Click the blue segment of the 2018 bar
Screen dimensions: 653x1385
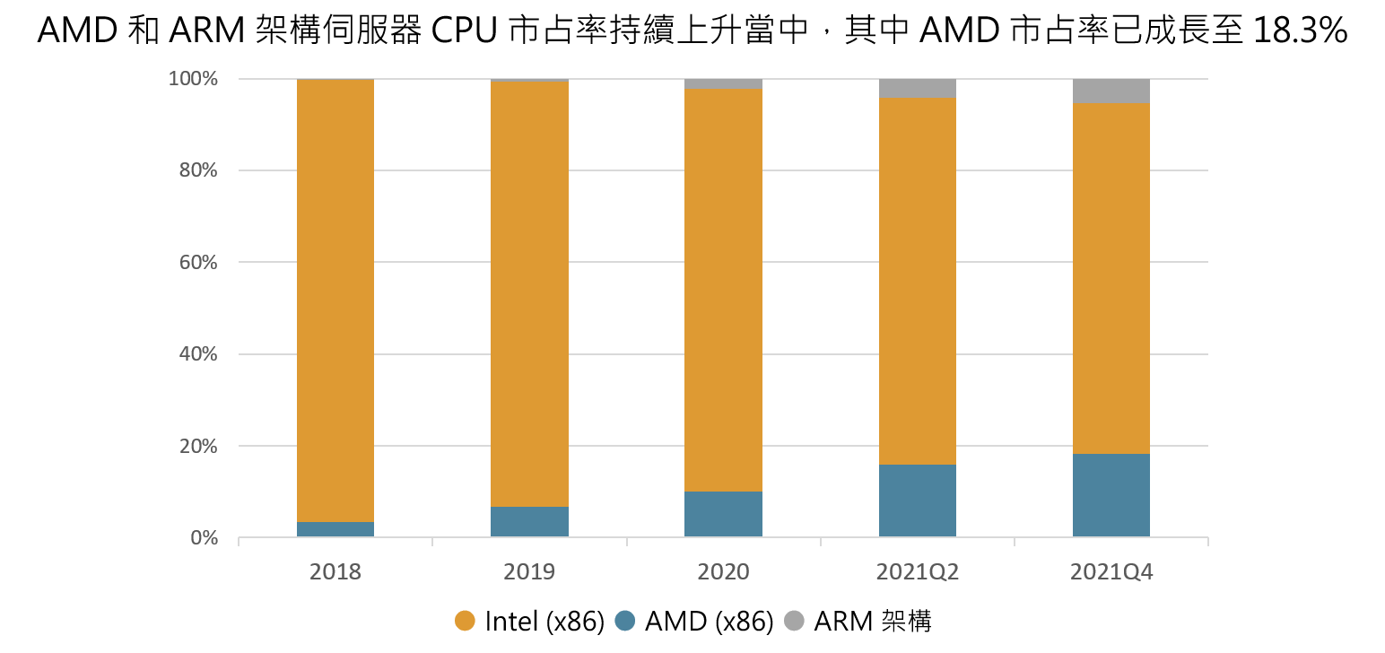pos(335,529)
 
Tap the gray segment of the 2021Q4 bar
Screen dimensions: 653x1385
pos(1111,91)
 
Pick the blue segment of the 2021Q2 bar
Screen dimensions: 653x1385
pos(917,501)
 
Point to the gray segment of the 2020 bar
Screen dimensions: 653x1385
pos(723,84)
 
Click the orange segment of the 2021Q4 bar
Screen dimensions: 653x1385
pos(1111,278)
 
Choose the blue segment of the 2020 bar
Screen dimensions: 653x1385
pos(723,514)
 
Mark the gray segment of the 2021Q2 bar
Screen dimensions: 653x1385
pos(917,89)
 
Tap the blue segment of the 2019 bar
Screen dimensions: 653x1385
pos(529,522)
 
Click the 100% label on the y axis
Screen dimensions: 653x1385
pos(193,79)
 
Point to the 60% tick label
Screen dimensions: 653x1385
pos(196,263)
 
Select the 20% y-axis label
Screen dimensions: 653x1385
pos(196,446)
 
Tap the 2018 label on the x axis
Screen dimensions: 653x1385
pos(335,571)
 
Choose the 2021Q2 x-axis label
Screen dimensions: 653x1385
pos(917,571)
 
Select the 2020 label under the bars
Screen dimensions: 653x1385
pos(723,571)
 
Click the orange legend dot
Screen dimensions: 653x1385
pos(465,620)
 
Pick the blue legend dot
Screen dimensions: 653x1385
pos(624,620)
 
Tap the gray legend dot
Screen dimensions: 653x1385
pos(794,620)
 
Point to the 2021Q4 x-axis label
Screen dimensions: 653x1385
pos(1111,571)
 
